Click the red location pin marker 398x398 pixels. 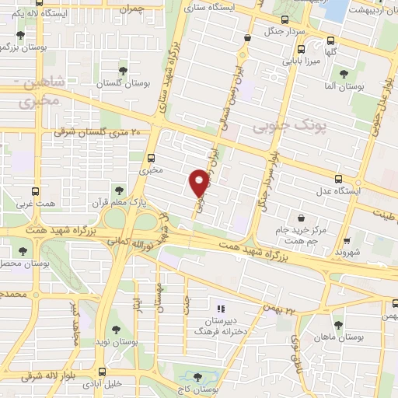point(199,182)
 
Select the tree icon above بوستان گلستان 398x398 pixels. point(122,71)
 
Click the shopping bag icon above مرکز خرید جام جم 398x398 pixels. point(301,218)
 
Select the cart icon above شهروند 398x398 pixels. point(348,241)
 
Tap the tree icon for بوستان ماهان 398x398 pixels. point(337,325)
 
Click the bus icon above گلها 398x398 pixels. point(332,40)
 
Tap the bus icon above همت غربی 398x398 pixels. point(35,191)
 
